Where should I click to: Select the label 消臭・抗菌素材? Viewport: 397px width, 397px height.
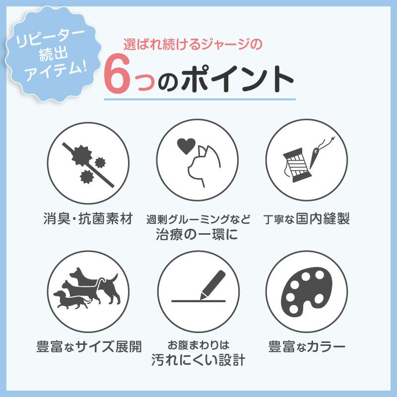(88, 218)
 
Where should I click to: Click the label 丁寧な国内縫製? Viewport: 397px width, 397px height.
(306, 219)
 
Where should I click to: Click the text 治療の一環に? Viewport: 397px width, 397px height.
(198, 234)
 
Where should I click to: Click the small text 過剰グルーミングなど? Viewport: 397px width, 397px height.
(198, 219)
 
